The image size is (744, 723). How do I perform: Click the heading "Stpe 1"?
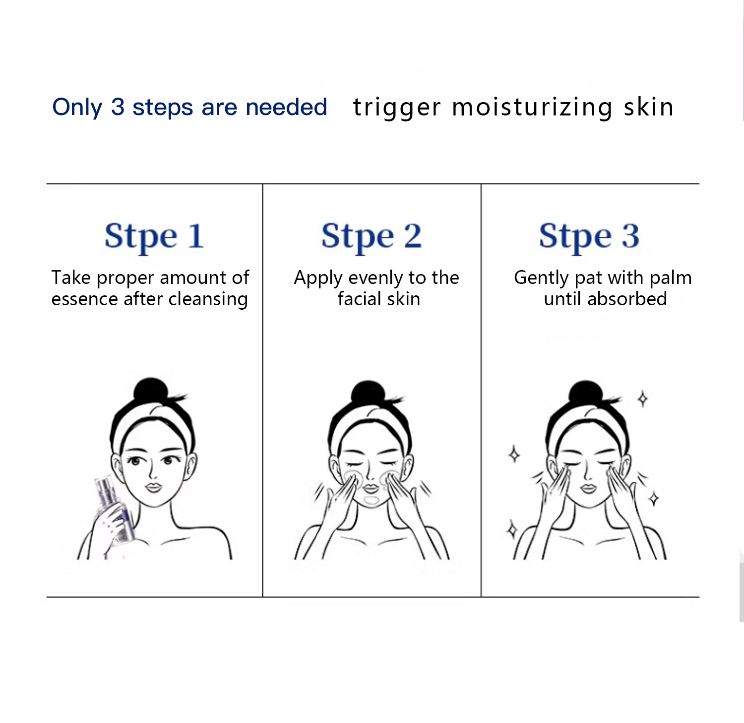[154, 237]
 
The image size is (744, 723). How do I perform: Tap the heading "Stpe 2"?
[372, 237]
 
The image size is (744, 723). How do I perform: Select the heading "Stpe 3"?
[589, 237]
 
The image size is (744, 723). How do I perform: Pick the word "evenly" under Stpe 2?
[376, 278]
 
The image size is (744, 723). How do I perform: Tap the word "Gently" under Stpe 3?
[541, 278]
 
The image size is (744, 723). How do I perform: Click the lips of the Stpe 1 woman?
[153, 487]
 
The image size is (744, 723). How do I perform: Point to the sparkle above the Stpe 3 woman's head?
[643, 398]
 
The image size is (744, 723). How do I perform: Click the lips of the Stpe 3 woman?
[588, 489]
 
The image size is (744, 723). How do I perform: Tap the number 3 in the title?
[118, 107]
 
